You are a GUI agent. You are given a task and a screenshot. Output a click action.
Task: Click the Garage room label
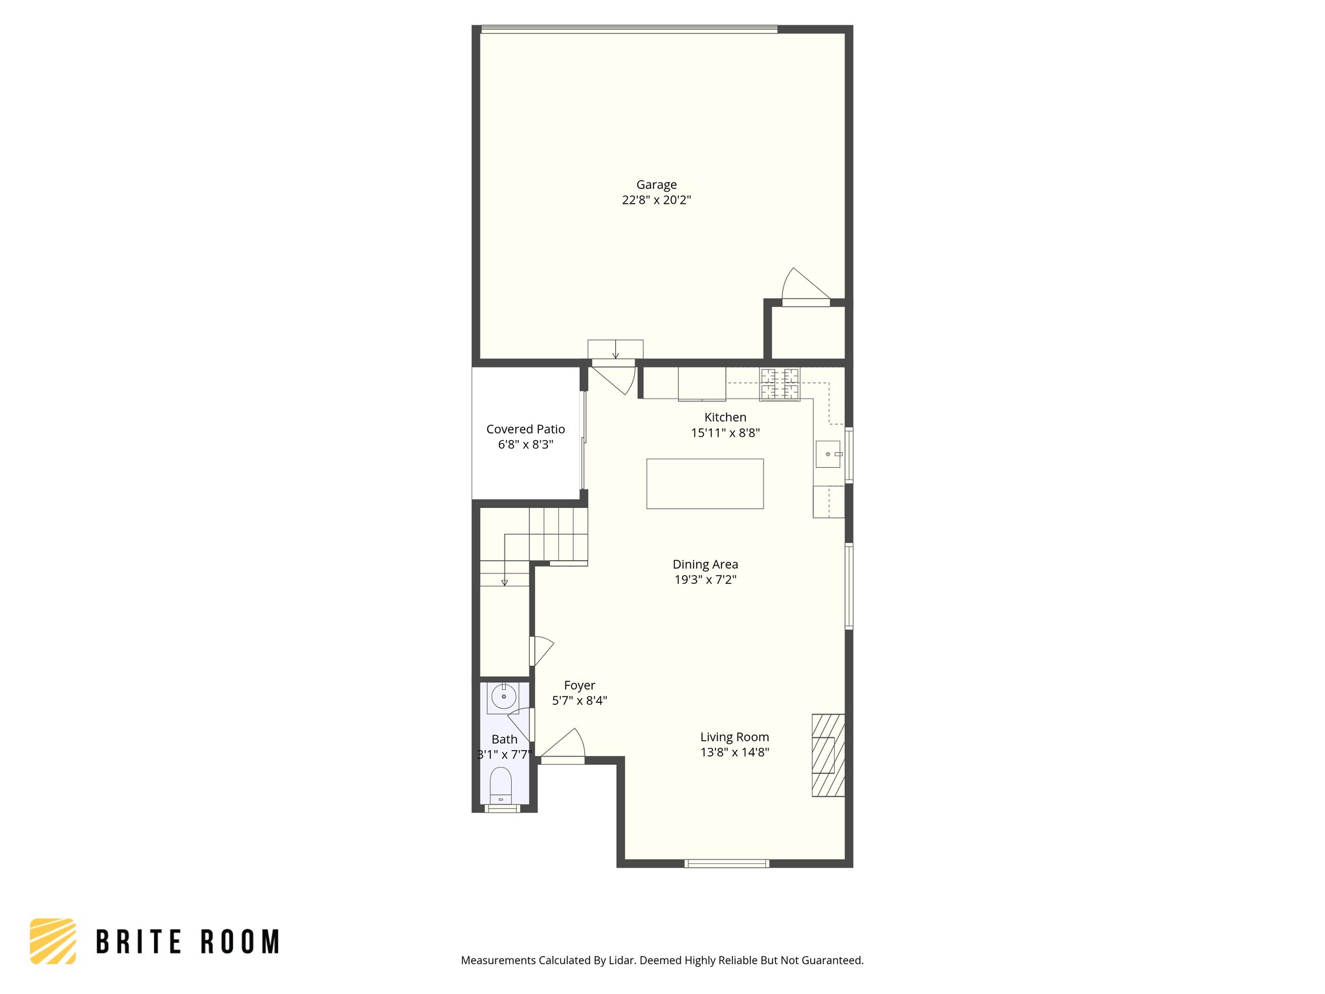[656, 185]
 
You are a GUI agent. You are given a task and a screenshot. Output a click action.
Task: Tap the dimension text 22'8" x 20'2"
[656, 201]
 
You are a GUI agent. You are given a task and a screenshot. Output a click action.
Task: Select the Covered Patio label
[525, 430]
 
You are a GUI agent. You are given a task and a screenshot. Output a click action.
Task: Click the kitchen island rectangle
[705, 484]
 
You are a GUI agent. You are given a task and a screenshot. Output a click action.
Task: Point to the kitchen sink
[828, 454]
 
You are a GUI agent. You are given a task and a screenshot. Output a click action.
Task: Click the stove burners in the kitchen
[780, 384]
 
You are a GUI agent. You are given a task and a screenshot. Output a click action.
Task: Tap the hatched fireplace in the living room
[828, 755]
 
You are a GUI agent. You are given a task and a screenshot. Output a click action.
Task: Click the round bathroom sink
[503, 697]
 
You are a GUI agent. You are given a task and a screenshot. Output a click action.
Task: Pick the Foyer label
[579, 685]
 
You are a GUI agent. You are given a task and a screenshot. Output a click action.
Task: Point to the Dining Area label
[705, 564]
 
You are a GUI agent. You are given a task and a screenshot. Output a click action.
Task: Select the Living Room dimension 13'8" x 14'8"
[734, 752]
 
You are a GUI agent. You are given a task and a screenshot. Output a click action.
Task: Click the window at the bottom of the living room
[727, 863]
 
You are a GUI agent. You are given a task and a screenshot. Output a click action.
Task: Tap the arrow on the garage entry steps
[615, 353]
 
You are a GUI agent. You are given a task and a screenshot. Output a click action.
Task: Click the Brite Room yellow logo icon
[53, 941]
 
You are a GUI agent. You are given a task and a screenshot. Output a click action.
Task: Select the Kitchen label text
[725, 417]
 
